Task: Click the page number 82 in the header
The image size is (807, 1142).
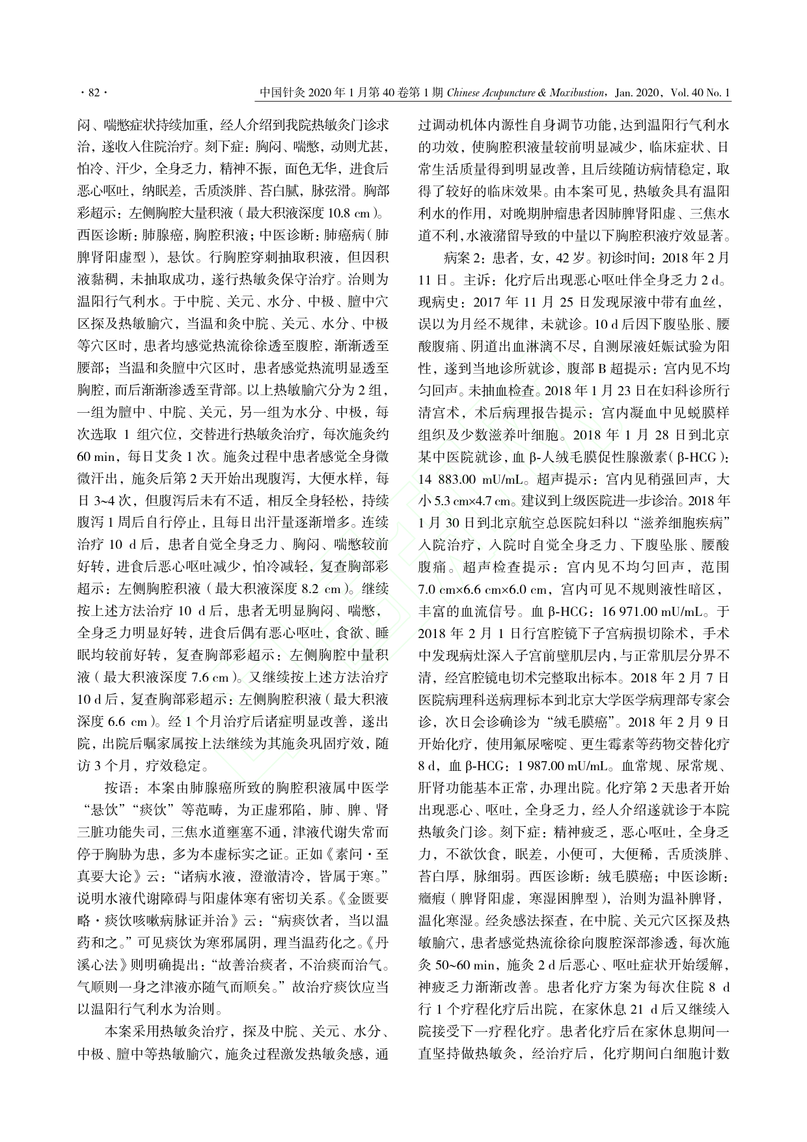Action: tap(92, 93)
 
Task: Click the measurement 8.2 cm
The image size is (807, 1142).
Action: tap(323, 590)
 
